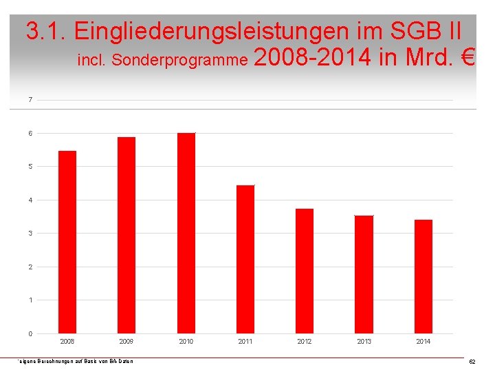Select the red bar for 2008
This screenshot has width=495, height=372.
(67, 242)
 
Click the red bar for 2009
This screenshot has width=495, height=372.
(126, 235)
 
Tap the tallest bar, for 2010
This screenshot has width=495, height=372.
(186, 233)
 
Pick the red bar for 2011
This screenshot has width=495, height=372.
(245, 259)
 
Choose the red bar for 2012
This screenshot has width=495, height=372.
(305, 271)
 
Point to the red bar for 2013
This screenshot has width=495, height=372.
(364, 274)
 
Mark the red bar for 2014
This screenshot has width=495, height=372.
(423, 276)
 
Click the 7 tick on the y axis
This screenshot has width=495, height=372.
(30, 100)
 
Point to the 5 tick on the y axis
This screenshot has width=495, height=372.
(30, 167)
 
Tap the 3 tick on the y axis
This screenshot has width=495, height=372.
(30, 234)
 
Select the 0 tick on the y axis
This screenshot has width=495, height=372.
(30, 334)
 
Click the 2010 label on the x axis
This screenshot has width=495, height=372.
(186, 342)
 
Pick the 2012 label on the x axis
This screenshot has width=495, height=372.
(305, 342)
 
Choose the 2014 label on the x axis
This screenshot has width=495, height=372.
(423, 342)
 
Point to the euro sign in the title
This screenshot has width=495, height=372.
(467, 58)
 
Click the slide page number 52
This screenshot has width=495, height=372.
(472, 362)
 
